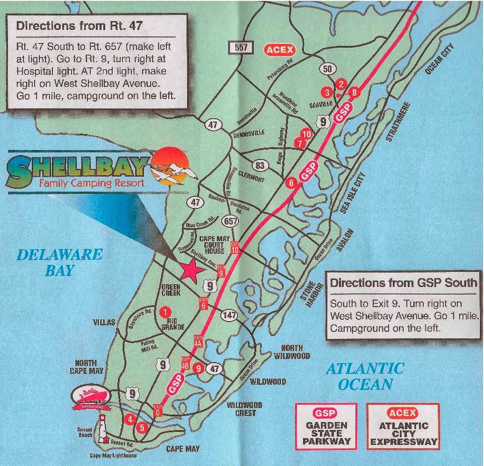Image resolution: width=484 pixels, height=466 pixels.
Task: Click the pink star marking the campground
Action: tap(190, 270)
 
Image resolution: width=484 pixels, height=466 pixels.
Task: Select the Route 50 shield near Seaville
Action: tap(328, 69)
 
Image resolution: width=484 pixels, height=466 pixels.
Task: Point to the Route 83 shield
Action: tap(260, 165)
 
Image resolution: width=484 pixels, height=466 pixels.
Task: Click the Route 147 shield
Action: tap(229, 315)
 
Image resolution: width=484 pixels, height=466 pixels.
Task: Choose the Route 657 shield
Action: tap(231, 221)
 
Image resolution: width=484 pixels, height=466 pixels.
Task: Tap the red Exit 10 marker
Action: tap(235, 246)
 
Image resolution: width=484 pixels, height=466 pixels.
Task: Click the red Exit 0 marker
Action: tap(158, 410)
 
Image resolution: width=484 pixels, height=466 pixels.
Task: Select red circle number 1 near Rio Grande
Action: tap(164, 311)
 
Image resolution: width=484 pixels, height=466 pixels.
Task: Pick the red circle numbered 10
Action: tap(306, 134)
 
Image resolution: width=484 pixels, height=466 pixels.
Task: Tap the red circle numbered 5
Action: tap(143, 427)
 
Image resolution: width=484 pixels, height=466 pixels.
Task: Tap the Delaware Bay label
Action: tap(59, 262)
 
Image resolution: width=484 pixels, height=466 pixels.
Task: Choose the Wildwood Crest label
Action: tap(245, 409)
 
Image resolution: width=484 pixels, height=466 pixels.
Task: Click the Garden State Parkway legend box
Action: tap(326, 425)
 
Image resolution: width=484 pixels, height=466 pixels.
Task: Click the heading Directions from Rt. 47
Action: tap(79, 25)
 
